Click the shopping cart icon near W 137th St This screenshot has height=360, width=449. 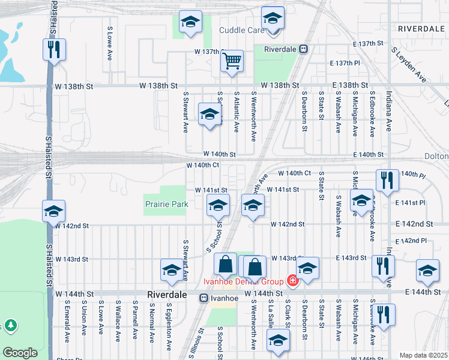(x=232, y=61)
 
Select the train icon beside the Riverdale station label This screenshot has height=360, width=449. (x=304, y=49)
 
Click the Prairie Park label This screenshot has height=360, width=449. (x=166, y=204)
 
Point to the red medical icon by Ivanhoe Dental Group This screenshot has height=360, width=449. (x=292, y=280)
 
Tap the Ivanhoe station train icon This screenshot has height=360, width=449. (x=203, y=296)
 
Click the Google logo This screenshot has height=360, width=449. (x=20, y=353)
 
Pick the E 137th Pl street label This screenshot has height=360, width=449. (x=345, y=63)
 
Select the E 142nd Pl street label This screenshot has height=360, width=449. (x=414, y=241)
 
